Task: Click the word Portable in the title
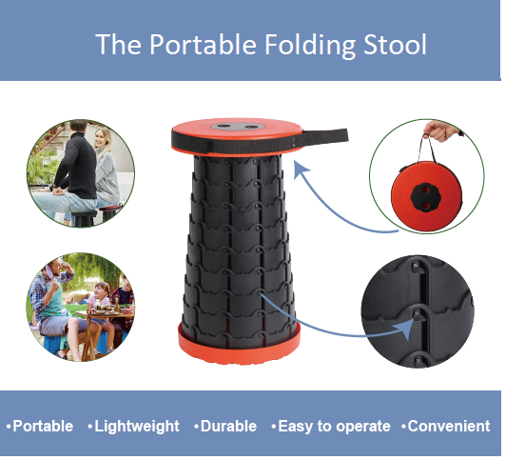(x=203, y=44)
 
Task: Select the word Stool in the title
(x=395, y=44)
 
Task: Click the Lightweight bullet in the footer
(x=133, y=426)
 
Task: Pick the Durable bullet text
(x=225, y=426)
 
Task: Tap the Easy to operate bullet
(x=331, y=427)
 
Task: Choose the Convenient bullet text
(x=446, y=426)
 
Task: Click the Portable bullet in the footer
(x=40, y=426)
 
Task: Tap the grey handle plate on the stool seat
(x=237, y=127)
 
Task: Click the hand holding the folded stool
(x=441, y=130)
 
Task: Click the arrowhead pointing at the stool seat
(x=301, y=170)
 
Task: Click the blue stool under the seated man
(x=54, y=344)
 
